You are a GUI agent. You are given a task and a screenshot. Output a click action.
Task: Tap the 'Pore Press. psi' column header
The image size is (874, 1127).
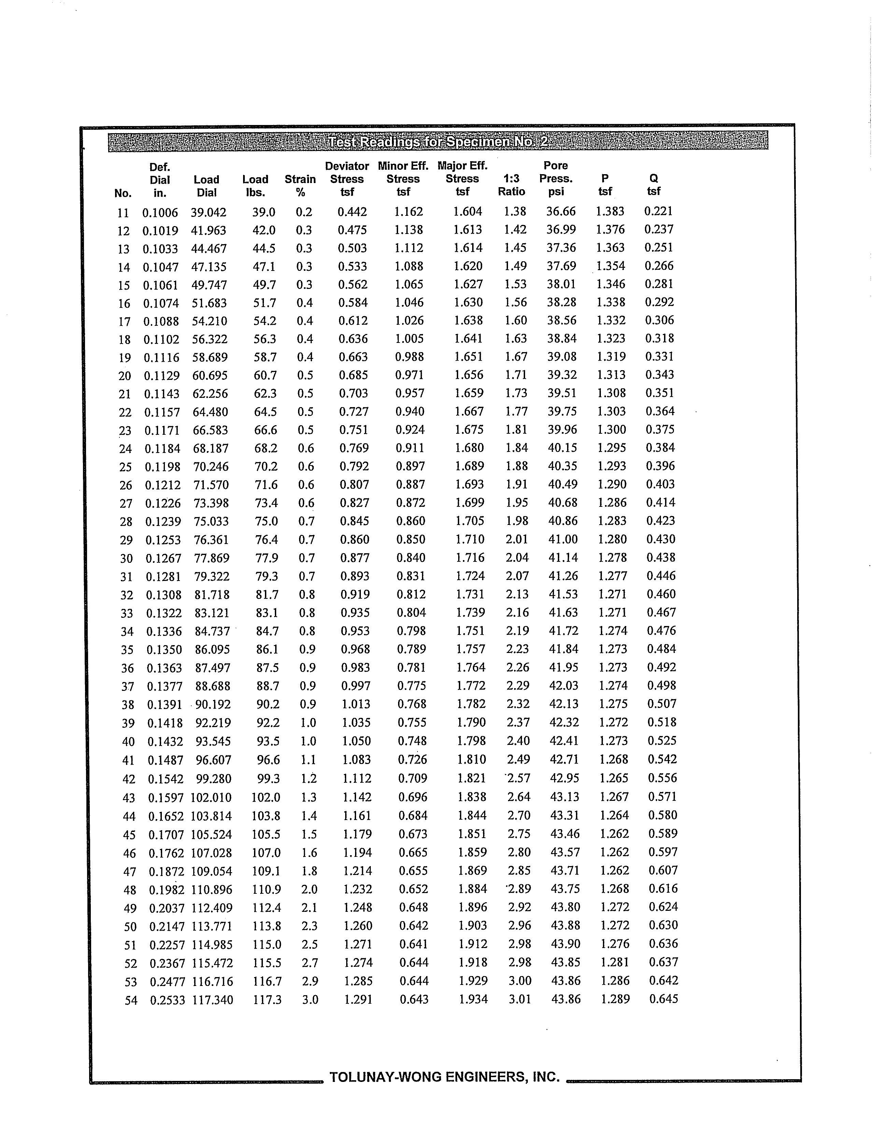[556, 179]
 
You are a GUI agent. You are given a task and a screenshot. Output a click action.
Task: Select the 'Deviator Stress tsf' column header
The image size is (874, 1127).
[347, 179]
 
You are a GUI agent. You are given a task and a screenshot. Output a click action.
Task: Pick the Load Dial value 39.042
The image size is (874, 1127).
[209, 212]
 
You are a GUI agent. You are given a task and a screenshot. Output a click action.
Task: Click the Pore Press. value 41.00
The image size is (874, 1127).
[563, 539]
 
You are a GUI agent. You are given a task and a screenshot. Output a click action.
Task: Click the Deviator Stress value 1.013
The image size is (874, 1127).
[356, 704]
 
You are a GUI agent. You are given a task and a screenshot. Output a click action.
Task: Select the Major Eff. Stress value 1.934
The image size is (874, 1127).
[473, 999]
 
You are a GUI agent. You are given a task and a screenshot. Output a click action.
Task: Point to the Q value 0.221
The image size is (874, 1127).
[658, 211]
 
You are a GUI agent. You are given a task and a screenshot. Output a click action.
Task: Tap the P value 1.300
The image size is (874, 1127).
[611, 429]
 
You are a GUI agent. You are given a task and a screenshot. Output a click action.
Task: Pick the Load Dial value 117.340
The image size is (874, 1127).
[213, 1000]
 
